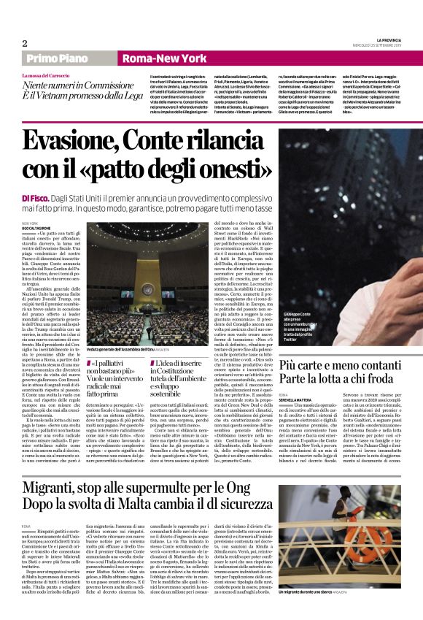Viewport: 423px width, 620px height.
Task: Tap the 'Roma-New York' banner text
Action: [x=155, y=58]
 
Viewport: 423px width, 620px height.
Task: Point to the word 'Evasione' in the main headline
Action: [x=94, y=139]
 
